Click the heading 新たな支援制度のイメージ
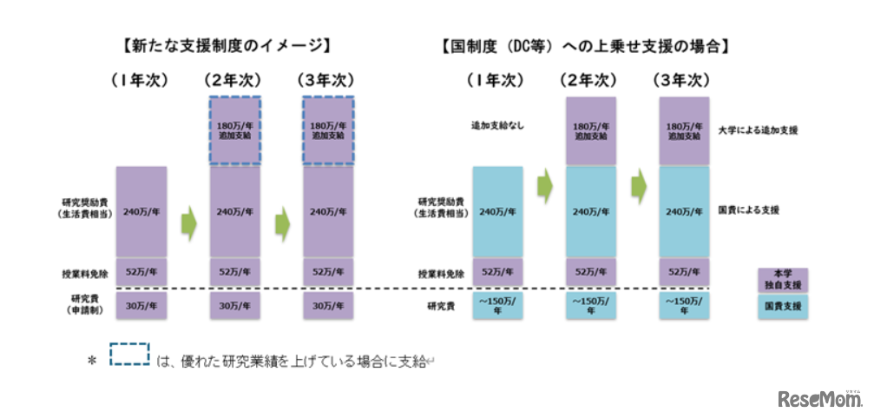[229, 43]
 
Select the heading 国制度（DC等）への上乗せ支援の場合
[583, 43]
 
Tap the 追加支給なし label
[497, 126]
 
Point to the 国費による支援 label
[749, 210]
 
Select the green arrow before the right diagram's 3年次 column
[640, 183]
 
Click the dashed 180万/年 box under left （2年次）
[234, 130]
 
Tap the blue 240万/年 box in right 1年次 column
[497, 211]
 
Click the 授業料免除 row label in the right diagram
[440, 272]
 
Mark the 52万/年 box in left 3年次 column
[327, 272]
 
